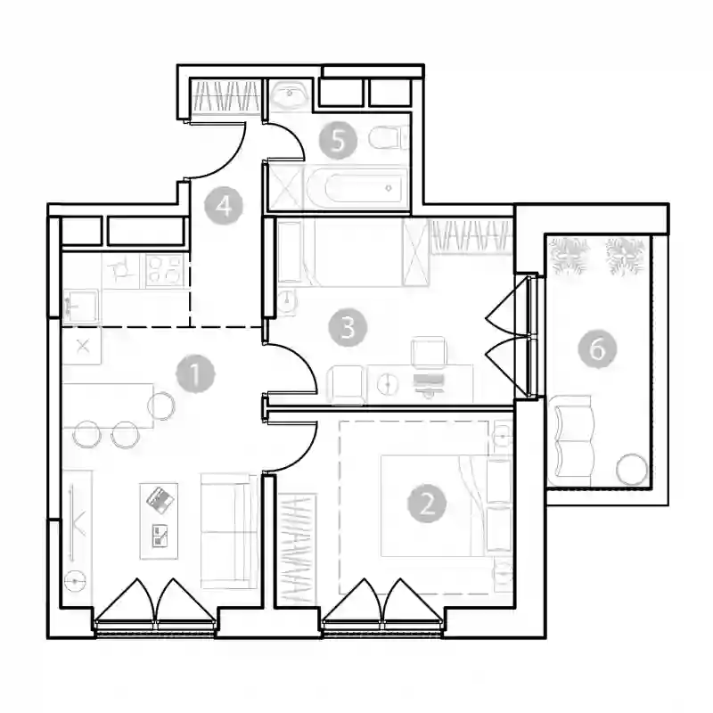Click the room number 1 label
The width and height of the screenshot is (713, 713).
195,373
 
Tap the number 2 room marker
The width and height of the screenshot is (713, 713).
427,503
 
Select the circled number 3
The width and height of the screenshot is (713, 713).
348,327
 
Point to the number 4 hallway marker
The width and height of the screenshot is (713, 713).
224,206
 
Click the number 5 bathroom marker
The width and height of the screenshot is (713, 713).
338,140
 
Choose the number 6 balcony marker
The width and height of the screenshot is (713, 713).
597,348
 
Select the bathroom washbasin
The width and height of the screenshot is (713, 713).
289,94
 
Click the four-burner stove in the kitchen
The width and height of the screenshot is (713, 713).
165,270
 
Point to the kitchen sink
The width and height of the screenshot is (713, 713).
81,306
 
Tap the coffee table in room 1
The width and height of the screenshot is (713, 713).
159,521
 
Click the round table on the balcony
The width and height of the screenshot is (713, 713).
632,469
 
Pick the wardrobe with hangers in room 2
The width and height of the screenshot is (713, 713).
297,549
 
